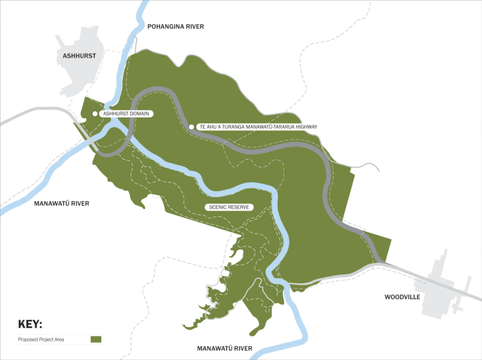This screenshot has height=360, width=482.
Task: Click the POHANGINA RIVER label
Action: coord(175,27)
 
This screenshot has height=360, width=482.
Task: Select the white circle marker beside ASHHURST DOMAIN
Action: coord(95,113)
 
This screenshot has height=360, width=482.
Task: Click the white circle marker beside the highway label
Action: coord(192,127)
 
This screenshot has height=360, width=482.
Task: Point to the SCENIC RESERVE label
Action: coord(229,207)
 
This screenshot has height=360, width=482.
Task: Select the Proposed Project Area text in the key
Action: coord(44,340)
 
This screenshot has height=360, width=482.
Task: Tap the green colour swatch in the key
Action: coord(96,340)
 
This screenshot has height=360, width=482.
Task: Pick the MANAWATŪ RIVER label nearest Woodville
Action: coord(224,349)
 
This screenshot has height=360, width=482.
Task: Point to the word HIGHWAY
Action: coord(302,127)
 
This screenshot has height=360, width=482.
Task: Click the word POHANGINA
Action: coord(163,27)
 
